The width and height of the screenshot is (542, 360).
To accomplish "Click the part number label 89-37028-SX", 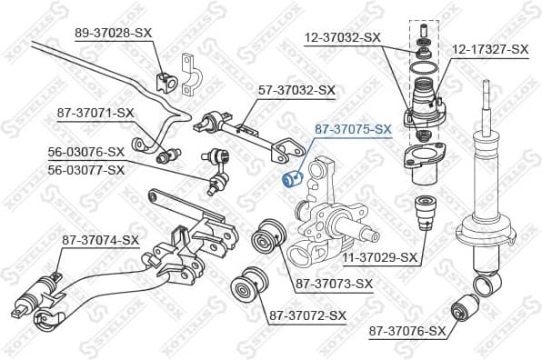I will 113,32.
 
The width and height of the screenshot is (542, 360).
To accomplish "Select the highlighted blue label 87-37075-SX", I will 353,130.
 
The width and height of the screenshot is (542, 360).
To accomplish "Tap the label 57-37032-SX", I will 297,90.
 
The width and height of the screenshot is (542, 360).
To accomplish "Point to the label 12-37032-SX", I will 342,37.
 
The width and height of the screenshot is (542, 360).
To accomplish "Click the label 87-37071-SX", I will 95,113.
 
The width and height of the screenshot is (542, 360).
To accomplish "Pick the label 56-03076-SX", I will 85,151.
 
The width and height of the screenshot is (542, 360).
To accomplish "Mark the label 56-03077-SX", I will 85,169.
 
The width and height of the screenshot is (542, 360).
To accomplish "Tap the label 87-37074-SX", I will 100,240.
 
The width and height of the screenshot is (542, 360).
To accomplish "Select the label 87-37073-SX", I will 334,284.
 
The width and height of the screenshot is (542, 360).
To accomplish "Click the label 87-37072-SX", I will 307,315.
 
